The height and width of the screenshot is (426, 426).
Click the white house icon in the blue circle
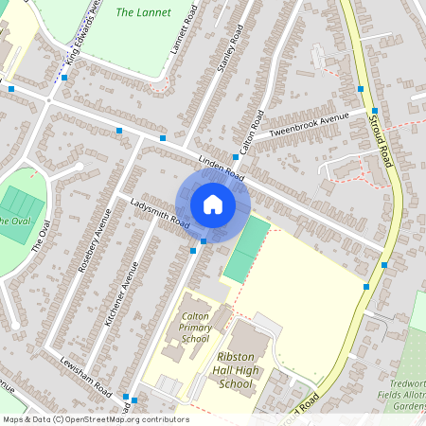[x=213, y=204]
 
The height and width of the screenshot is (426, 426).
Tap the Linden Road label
[x=222, y=168]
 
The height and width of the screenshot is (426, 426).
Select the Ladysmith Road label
[x=161, y=214]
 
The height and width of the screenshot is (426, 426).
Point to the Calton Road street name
[x=251, y=133]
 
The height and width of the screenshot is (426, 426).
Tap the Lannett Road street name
[x=182, y=32]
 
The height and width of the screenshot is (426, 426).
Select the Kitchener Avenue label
[x=122, y=294]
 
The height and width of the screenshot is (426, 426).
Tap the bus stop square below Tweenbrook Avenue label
[x=235, y=157]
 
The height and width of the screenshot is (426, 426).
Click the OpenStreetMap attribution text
[x=95, y=419]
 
